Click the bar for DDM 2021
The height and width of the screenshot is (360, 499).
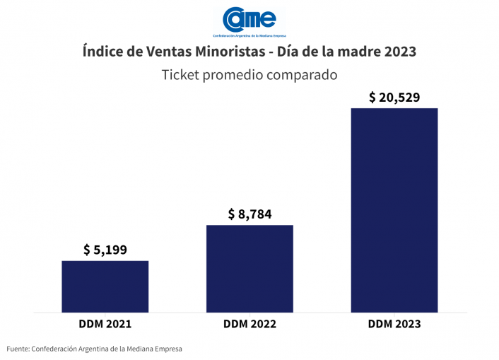pyautogui.click(x=105, y=286)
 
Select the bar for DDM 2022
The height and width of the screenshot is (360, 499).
pyautogui.click(x=249, y=268)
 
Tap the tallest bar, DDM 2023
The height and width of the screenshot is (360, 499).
pyautogui.click(x=394, y=209)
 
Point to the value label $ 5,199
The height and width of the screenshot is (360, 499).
pyautogui.click(x=105, y=250)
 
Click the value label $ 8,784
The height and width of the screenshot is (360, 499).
pyautogui.click(x=249, y=214)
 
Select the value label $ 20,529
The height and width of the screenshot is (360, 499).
pyautogui.click(x=394, y=98)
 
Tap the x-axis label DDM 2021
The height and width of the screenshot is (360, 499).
pyautogui.click(x=105, y=324)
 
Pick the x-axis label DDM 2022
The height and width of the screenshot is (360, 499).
pyautogui.click(x=249, y=324)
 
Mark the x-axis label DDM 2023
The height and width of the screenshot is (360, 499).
pyautogui.click(x=394, y=324)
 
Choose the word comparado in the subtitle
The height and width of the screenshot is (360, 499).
pyautogui.click(x=303, y=74)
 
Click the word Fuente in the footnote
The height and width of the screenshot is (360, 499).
pyautogui.click(x=18, y=349)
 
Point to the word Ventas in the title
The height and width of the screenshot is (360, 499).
pyautogui.click(x=167, y=52)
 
